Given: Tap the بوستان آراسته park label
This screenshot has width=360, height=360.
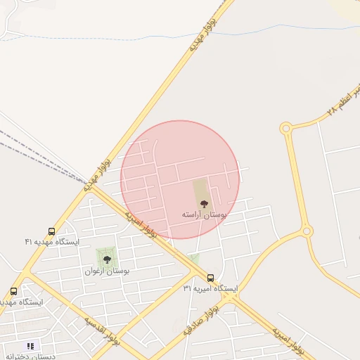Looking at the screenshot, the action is (x=204, y=214).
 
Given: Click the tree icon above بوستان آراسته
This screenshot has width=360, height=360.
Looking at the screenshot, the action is (x=204, y=203).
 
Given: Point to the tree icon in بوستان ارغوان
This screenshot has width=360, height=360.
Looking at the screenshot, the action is (x=107, y=260).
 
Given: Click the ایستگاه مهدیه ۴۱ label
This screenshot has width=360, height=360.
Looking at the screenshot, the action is (x=53, y=242).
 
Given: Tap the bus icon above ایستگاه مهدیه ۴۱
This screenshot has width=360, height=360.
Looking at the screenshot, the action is (x=52, y=231).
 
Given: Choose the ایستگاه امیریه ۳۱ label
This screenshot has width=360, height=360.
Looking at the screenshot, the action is (x=211, y=289).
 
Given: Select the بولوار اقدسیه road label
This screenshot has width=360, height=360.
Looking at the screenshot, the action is (x=103, y=332).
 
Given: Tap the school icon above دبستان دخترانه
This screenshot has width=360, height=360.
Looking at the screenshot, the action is (x=30, y=346).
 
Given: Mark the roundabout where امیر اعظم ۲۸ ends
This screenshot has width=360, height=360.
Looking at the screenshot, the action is (x=285, y=128).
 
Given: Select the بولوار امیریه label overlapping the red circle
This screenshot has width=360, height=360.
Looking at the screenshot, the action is (x=141, y=221).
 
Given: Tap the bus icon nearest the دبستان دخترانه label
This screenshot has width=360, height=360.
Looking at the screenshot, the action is (x=14, y=291).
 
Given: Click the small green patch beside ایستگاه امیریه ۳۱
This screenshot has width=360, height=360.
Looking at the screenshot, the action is (x=194, y=260).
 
